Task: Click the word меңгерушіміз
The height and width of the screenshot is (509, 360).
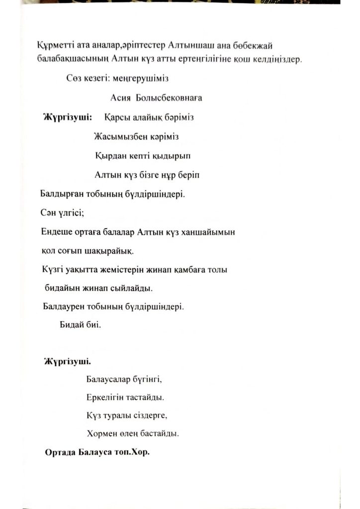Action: [143, 78]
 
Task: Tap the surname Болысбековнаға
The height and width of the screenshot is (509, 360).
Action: [169, 98]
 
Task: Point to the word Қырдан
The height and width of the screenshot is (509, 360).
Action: [108, 156]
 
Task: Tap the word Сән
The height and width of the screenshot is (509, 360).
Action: [48, 213]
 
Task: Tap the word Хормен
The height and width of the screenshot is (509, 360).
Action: [100, 433]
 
